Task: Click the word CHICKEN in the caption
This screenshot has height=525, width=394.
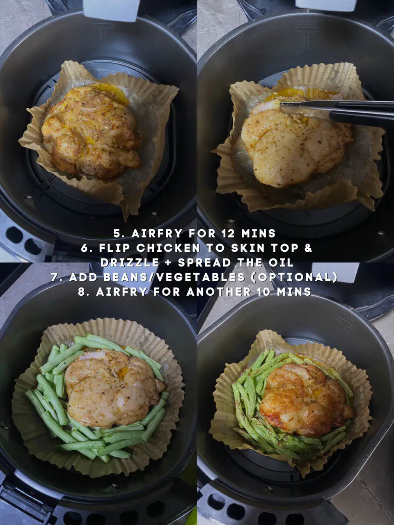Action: point(168,248)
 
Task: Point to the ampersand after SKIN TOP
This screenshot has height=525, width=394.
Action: point(309,248)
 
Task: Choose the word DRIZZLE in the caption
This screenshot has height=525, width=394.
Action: point(130,262)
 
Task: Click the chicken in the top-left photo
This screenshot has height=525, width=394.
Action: point(90,131)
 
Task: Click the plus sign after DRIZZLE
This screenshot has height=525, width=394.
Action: point(168,262)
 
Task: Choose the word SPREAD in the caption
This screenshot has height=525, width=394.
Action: point(204,262)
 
